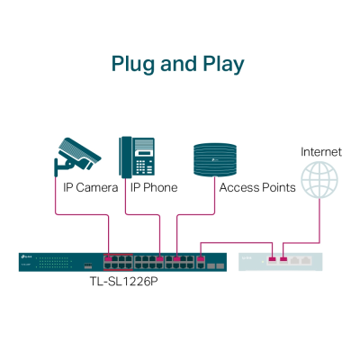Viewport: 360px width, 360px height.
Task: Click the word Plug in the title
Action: coord(132,64)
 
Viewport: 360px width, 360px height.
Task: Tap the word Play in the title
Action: coord(220,64)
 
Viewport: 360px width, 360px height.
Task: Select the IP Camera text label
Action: coord(90,187)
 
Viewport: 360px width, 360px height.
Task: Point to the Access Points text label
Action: coord(256,187)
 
